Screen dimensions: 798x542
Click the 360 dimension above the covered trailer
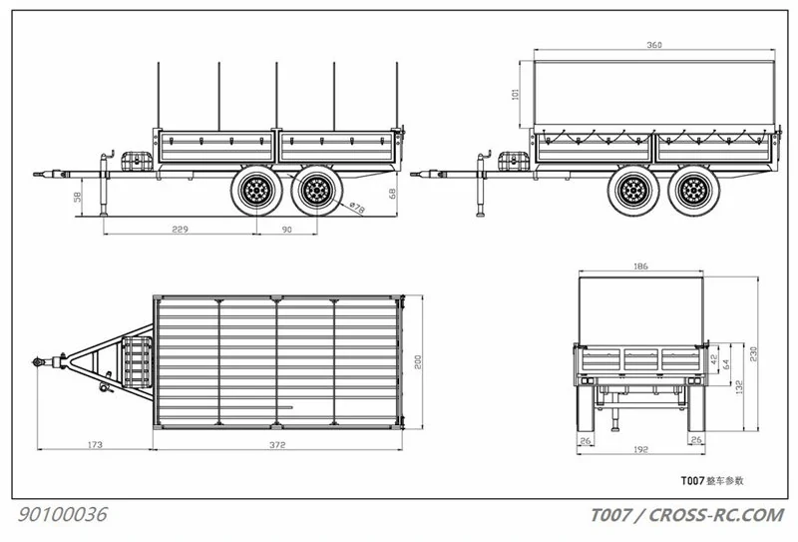tap(654, 45)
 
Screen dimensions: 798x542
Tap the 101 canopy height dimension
tap(515, 94)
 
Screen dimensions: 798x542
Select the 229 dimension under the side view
tap(180, 230)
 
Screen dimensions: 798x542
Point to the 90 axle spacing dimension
tap(287, 230)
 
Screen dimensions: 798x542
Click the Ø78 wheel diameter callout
tap(357, 208)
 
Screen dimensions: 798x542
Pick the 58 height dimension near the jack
tap(78, 196)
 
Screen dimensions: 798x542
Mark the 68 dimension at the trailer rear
tap(392, 194)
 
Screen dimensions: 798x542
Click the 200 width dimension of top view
tap(418, 362)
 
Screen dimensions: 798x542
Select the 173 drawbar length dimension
tap(95, 445)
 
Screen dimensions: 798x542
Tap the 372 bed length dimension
tap(277, 445)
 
